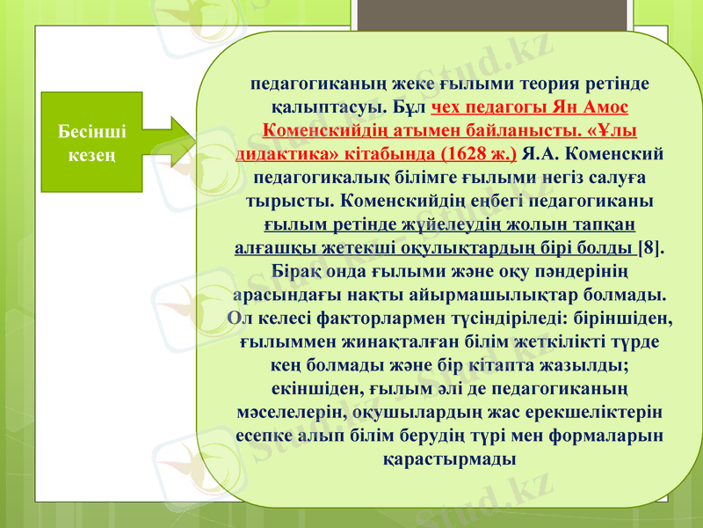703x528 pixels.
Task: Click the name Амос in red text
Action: tap(607, 107)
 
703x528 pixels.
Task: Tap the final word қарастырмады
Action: tap(449, 458)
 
